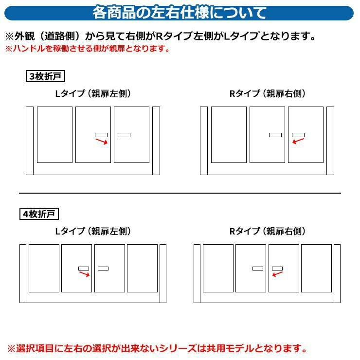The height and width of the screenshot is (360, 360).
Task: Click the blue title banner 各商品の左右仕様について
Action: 179,13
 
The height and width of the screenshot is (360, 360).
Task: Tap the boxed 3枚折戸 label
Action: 45,76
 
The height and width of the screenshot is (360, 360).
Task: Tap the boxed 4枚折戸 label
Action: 39,214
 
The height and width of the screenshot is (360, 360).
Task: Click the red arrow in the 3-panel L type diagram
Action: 102,142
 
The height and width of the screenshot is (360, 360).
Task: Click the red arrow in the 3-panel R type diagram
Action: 298,141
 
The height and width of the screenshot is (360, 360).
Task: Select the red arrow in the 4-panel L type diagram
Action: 84,274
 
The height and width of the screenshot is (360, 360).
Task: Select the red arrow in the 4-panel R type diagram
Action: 277,274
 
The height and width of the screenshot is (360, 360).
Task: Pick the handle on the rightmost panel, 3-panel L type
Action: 124,135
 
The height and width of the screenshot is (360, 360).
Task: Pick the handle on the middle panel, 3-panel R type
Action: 275,135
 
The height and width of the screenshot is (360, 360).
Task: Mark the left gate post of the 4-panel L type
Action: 23,273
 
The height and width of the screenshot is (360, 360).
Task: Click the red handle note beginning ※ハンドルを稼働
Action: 88,49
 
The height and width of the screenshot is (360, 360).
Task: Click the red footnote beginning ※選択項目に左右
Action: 157,348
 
